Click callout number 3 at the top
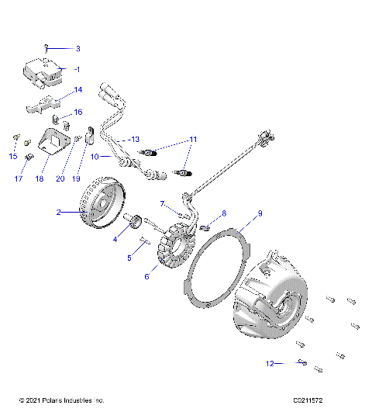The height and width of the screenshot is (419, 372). [x=77, y=48]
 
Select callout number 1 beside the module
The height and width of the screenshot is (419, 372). [x=77, y=69]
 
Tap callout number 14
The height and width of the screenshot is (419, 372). [x=77, y=90]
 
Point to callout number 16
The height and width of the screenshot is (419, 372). [x=77, y=112]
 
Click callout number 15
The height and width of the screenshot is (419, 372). [x=12, y=157]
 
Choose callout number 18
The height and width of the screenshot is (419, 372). [x=39, y=178]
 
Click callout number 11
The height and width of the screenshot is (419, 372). [x=193, y=139]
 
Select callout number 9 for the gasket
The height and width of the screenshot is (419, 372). [x=260, y=213]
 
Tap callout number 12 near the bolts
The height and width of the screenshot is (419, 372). [x=270, y=362]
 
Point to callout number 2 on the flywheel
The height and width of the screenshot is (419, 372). [x=58, y=211]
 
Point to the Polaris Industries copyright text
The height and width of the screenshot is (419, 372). [x=61, y=400]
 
